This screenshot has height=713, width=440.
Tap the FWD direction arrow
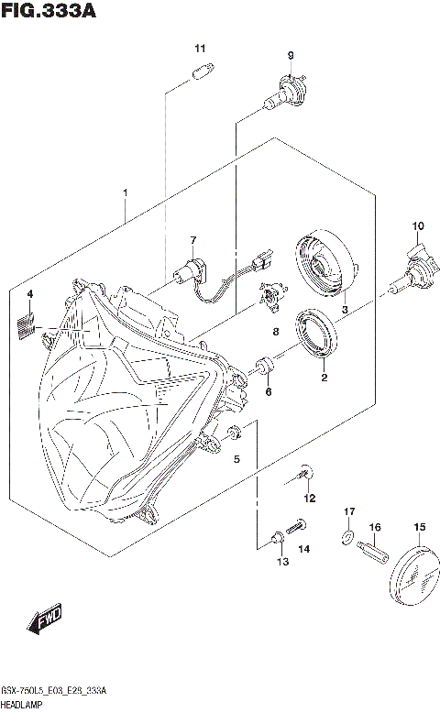pyautogui.click(x=44, y=620)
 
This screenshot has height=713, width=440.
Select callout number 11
pyautogui.click(x=199, y=48)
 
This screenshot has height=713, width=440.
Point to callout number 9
pyautogui.click(x=291, y=56)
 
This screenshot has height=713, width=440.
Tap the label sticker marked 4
pyautogui.click(x=28, y=324)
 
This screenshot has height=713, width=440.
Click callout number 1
pyautogui.click(x=125, y=193)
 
